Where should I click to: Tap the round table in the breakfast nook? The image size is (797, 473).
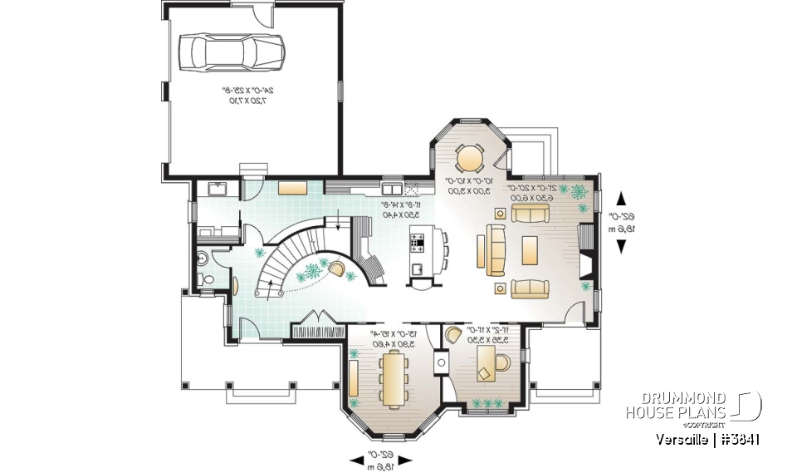(x=471, y=156)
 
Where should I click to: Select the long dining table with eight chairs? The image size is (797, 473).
(x=392, y=375)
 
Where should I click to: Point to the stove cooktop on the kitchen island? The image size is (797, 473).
(x=418, y=243)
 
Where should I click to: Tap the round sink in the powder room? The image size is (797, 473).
(x=202, y=259)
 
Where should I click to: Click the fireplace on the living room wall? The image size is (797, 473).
(x=584, y=252)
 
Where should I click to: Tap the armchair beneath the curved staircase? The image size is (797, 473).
(x=340, y=267)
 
